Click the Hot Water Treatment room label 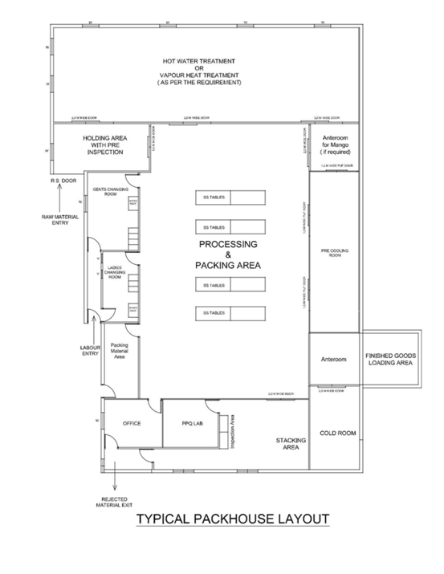[200, 72]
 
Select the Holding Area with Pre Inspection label [103, 145]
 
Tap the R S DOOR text [61, 182]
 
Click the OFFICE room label [131, 422]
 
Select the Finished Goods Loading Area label [389, 360]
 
